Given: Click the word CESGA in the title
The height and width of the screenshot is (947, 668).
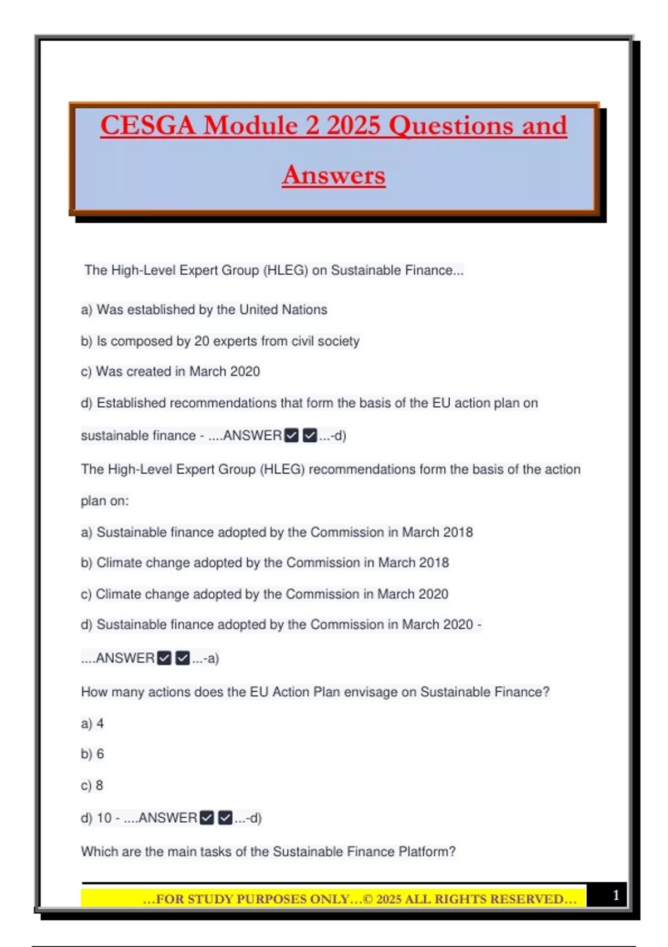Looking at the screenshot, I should (148, 125).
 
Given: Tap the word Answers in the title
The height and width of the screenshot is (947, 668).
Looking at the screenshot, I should (333, 175).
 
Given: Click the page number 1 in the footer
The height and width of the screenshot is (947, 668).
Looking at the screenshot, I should (616, 895).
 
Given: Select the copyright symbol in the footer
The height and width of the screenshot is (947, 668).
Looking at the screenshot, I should (368, 899).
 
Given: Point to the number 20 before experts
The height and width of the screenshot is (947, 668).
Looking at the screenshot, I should (202, 341).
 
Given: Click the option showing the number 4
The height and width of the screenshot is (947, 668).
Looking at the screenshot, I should (100, 724).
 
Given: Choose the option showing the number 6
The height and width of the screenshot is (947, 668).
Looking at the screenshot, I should (100, 754).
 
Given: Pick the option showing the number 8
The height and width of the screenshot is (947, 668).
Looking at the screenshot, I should (100, 785).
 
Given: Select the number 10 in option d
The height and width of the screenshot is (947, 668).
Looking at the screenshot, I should (104, 818).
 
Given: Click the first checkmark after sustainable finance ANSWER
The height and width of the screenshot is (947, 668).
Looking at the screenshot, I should (291, 436).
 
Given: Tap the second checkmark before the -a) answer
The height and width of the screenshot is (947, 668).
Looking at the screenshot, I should (183, 658).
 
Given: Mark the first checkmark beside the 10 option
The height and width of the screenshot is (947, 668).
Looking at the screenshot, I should (207, 818).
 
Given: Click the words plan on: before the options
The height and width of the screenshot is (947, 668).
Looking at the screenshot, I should (105, 501).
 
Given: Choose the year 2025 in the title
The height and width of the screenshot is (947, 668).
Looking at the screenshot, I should (353, 125).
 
